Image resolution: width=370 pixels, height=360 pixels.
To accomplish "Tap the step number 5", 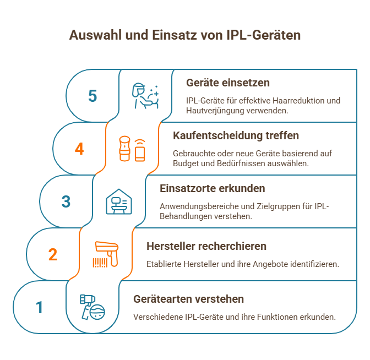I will pos(92,96).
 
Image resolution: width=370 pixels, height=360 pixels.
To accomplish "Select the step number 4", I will pos(79,149).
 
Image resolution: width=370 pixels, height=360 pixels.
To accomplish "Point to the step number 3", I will pos(66,201).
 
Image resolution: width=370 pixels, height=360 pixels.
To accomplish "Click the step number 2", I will pos(53,254).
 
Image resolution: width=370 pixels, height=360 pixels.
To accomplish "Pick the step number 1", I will pos(39,307).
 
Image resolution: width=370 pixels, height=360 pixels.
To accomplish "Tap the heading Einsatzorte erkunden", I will pos(213,188).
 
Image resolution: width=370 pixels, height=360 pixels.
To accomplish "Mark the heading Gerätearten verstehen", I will pos(189,299).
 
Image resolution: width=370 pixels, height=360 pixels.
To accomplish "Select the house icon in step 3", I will pos(119,201).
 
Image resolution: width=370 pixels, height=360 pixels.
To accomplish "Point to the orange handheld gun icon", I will pos(106,254).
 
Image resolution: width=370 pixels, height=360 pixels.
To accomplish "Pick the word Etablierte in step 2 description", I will pos(163,264).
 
